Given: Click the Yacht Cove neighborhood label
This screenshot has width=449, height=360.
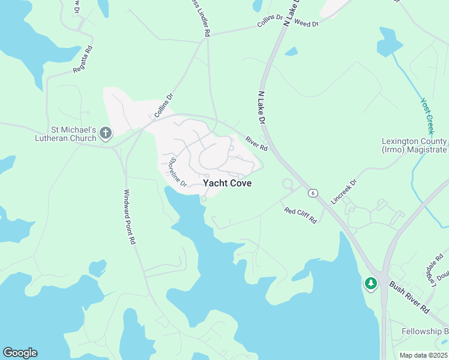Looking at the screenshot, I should click(x=227, y=183).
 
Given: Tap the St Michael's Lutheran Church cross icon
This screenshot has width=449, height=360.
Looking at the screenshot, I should click(x=106, y=133).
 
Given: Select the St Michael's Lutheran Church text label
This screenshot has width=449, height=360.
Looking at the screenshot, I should click(x=73, y=134).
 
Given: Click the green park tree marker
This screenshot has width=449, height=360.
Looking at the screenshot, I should click(x=370, y=283).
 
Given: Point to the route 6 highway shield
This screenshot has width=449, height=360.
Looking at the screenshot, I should click(x=312, y=193).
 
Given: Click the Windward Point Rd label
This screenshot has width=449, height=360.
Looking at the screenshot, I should click(x=130, y=217).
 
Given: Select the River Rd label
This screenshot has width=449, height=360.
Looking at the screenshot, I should click(x=256, y=144).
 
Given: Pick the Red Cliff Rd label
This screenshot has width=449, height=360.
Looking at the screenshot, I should click(x=300, y=215).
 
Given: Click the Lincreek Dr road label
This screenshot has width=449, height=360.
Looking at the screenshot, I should click(x=343, y=190).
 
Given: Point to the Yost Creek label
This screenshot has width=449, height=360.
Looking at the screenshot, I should click(x=428, y=116).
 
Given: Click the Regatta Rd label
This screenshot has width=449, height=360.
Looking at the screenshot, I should click(x=84, y=60).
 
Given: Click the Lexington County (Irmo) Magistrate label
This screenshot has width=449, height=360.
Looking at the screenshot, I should click(x=414, y=146).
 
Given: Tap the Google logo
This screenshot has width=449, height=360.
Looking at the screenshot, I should click(x=20, y=353).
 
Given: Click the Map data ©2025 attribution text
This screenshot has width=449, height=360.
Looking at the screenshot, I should click(x=423, y=355).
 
